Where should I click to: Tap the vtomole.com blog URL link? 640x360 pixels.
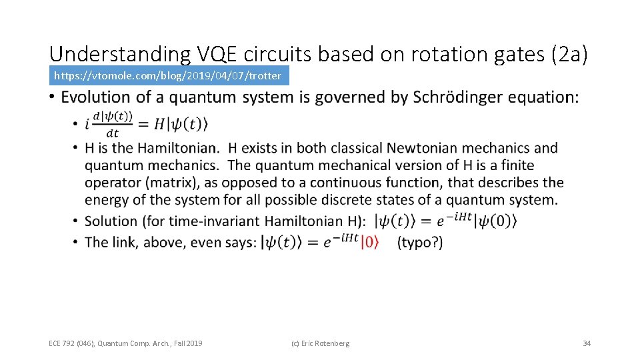167,75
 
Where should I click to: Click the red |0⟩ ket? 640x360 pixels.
370,243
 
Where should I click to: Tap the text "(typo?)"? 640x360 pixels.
420,243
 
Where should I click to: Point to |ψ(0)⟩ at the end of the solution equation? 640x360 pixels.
495,221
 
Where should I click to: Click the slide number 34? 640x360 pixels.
587,343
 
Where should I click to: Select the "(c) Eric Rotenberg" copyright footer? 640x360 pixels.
320,343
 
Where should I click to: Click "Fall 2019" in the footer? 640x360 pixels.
186,343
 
